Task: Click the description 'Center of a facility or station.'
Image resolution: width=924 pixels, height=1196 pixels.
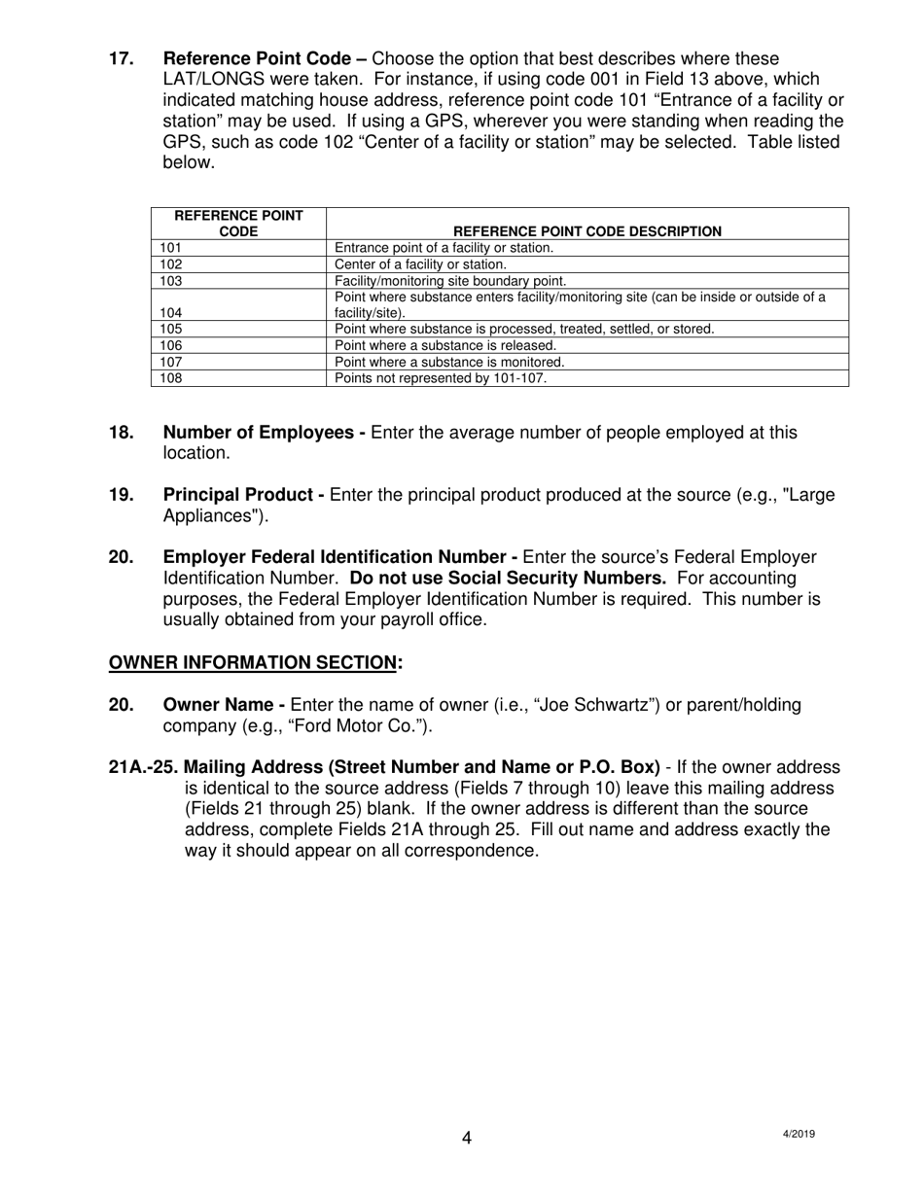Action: (420, 264)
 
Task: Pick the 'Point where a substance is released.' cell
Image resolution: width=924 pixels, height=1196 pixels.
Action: (445, 345)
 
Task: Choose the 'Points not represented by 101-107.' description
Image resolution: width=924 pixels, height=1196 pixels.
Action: (441, 378)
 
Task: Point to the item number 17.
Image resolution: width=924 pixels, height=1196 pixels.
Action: (121, 58)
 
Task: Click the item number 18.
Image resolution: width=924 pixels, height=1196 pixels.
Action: (121, 433)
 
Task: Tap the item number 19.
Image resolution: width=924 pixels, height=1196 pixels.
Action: (121, 495)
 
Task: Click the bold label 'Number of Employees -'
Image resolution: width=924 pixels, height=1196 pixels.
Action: (264, 433)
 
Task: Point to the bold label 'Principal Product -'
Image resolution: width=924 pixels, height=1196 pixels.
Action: (243, 495)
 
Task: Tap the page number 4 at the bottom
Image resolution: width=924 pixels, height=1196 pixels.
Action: (467, 1138)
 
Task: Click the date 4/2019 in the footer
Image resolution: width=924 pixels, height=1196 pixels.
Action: (798, 1134)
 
